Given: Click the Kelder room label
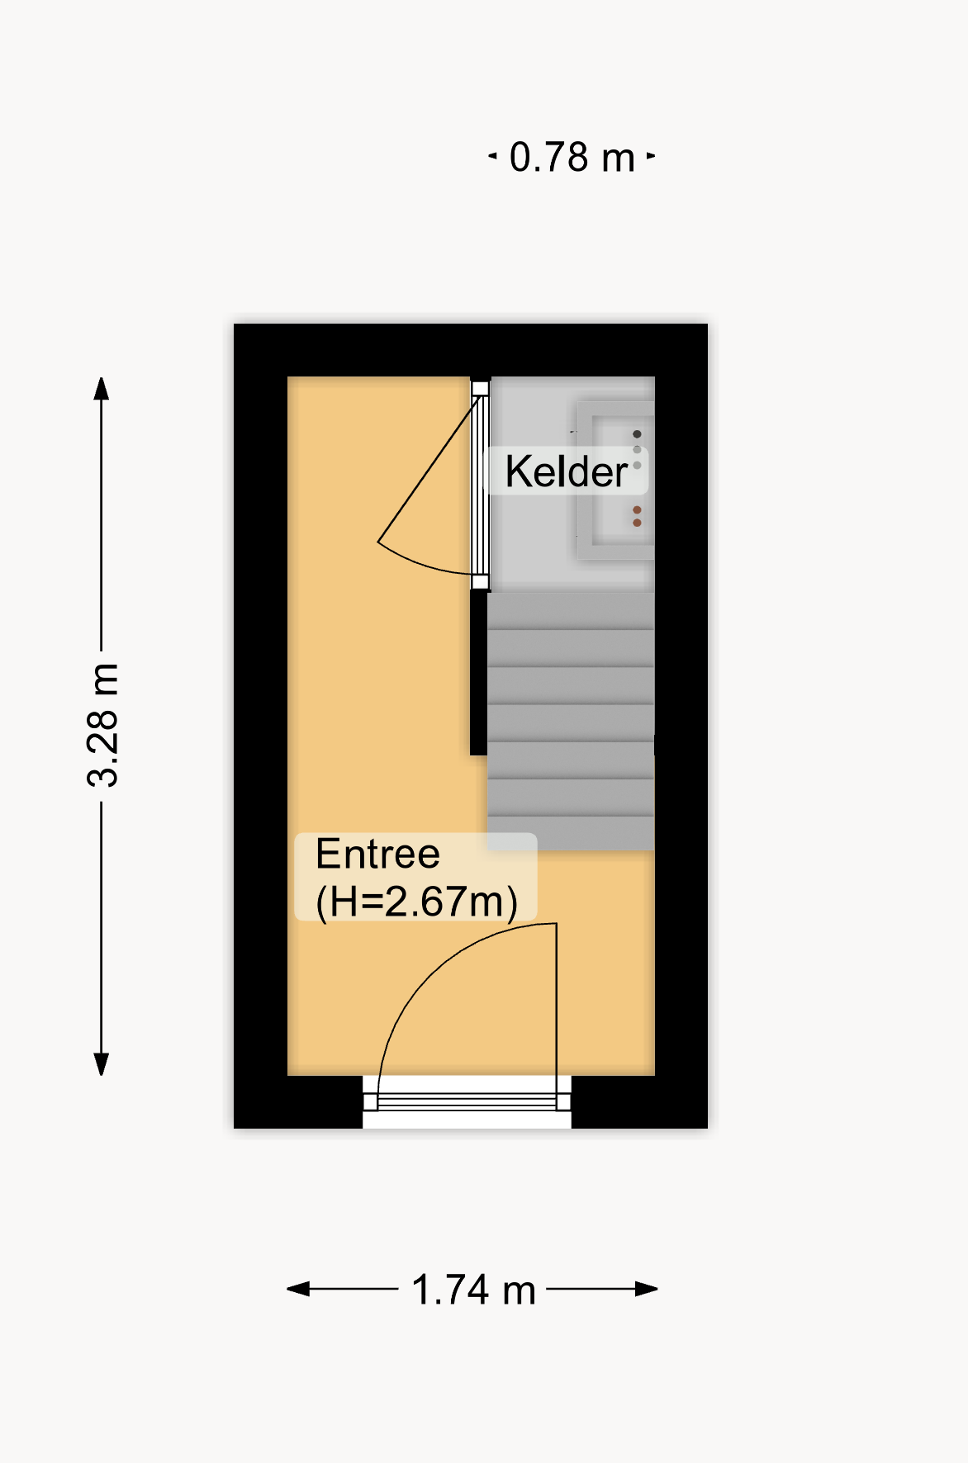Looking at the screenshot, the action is [567, 471].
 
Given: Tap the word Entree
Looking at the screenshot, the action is [377, 854].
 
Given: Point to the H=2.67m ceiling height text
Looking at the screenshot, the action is [417, 902].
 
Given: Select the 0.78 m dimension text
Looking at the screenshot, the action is [572, 157].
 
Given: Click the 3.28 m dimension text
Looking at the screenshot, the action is [103, 724].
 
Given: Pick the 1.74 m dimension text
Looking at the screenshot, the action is [473, 1290].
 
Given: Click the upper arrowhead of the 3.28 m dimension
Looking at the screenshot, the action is [102, 389].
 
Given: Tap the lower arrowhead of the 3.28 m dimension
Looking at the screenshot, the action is [102, 1064].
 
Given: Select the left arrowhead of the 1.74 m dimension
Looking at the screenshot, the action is [298, 1289].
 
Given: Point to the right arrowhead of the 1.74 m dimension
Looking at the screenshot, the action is [647, 1289].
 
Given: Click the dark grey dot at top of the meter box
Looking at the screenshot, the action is [637, 434].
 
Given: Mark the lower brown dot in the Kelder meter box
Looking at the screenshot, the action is [637, 523].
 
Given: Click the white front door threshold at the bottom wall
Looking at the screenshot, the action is [467, 1102].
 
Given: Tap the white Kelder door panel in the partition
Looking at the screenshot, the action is [480, 485].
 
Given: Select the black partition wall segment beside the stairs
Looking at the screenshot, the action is [478, 673].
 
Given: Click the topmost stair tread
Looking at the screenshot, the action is [571, 610].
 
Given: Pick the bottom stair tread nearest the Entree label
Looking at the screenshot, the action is [571, 833].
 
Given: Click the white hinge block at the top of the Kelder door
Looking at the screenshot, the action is [480, 388].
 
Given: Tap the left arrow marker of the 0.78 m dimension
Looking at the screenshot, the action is [492, 155].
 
